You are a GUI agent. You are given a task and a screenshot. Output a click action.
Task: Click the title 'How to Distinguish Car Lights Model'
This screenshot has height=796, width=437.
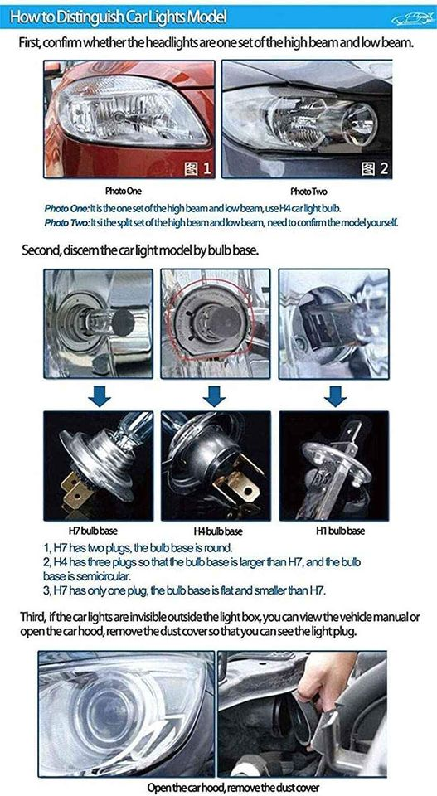(x=118, y=17)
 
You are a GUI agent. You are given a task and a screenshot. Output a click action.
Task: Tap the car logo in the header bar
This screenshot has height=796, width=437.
(x=412, y=19)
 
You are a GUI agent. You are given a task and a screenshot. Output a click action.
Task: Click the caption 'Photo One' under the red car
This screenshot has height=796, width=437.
(x=124, y=192)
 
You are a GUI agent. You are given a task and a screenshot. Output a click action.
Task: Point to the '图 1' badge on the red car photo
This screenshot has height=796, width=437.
(x=197, y=168)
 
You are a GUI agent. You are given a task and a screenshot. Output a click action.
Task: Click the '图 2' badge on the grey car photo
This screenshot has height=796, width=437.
(x=375, y=168)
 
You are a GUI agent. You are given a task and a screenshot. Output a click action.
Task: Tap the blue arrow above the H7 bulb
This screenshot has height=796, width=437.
(x=100, y=396)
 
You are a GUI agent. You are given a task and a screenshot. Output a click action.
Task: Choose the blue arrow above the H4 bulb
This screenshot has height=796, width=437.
(x=214, y=396)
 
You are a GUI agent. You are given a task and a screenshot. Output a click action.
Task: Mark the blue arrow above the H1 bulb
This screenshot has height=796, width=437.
(x=336, y=396)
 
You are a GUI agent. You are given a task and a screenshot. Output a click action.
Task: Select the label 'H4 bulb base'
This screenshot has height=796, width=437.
(x=218, y=531)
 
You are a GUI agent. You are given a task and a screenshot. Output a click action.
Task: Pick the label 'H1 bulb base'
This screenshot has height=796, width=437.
(x=340, y=531)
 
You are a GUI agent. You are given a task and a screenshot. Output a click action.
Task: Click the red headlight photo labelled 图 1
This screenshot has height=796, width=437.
(x=129, y=119)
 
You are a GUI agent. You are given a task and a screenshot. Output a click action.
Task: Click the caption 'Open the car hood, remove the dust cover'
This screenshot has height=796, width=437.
(x=234, y=788)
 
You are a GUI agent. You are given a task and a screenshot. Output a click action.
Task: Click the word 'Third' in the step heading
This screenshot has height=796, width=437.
(x=32, y=618)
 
